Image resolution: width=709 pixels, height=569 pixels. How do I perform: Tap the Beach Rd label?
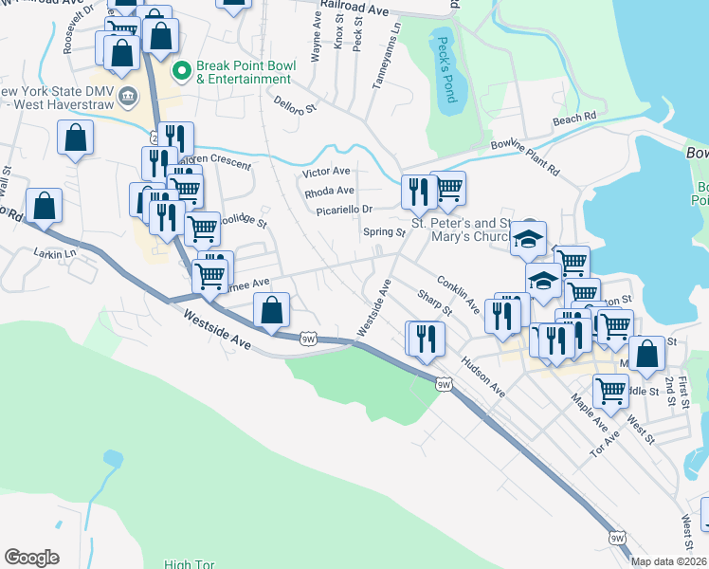[x=573, y=119]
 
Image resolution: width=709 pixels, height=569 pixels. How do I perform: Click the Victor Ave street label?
[x=326, y=173]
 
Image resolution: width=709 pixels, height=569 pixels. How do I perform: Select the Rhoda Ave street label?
[x=329, y=191]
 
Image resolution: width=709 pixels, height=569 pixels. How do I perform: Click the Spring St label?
[x=384, y=231]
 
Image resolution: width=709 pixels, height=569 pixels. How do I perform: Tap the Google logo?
[x=31, y=558]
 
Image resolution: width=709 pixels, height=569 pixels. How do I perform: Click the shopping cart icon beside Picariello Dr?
[x=447, y=188]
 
